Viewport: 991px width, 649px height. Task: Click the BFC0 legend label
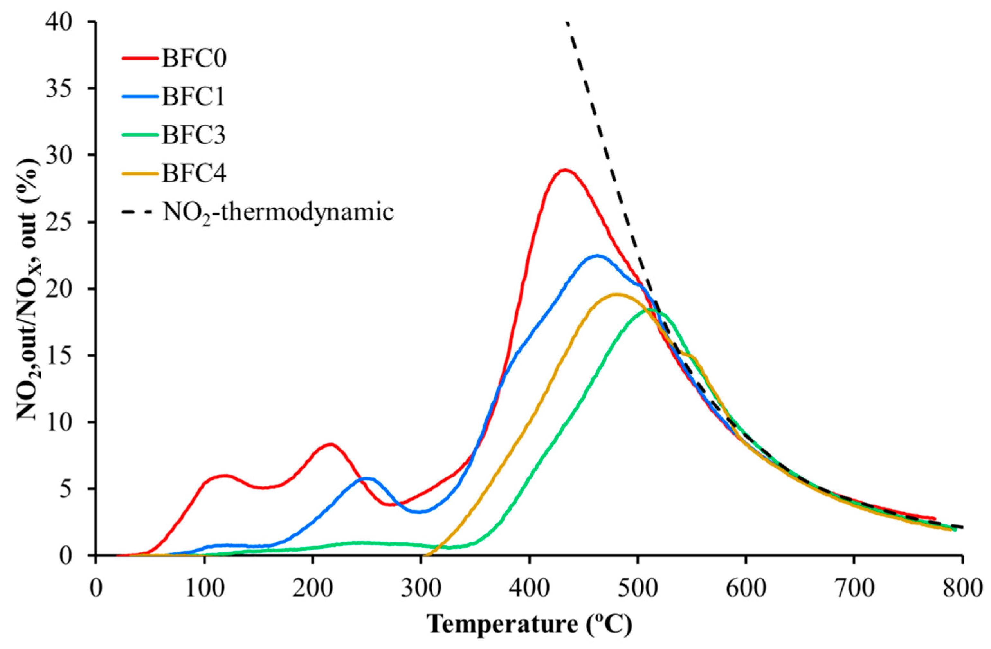point(194,59)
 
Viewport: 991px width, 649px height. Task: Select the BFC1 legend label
point(193,97)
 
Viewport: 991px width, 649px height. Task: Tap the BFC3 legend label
point(194,135)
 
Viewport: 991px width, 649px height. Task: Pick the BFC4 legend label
point(194,174)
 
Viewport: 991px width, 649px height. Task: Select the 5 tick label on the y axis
point(75,489)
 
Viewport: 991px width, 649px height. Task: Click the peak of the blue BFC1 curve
point(597,256)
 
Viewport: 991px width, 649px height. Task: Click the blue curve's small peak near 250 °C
point(367,478)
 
